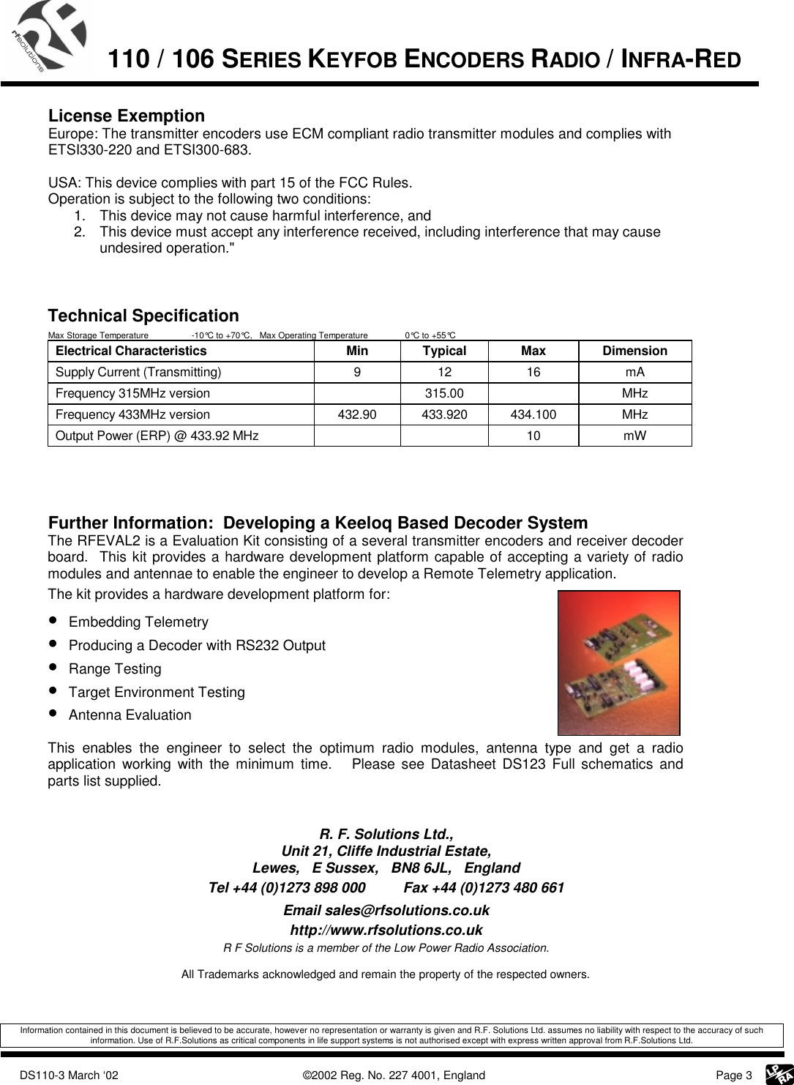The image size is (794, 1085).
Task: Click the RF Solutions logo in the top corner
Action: click(48, 37)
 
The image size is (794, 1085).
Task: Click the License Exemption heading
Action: click(126, 116)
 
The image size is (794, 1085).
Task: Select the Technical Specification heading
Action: click(143, 316)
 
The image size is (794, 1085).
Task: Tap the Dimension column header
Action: click(634, 351)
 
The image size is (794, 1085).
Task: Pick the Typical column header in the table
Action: click(444, 351)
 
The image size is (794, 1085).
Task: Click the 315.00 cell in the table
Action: click(444, 393)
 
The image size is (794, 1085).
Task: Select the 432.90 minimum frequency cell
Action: click(357, 414)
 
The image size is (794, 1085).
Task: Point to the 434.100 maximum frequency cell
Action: click(533, 414)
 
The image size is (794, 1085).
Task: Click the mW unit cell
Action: click(634, 436)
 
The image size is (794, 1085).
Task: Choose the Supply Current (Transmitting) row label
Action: click(138, 372)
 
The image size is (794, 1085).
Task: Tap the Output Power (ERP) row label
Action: click(157, 436)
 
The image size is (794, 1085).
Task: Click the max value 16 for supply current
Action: click(533, 372)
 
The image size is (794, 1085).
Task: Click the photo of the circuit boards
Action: click(618, 663)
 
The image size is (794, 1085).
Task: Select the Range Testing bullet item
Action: click(115, 668)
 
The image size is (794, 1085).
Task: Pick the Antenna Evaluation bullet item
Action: click(130, 715)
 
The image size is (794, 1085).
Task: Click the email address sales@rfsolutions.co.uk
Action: click(386, 910)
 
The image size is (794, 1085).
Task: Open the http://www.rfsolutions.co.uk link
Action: click(386, 930)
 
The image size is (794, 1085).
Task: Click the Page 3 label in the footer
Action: click(733, 1075)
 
